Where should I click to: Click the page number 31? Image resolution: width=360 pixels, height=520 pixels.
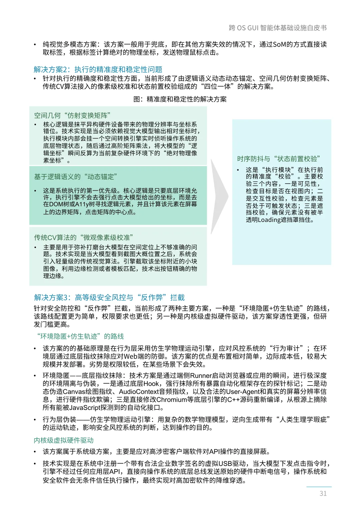pos(323,493)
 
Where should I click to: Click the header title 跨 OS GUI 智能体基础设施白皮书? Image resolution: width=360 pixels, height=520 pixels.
pos(278,28)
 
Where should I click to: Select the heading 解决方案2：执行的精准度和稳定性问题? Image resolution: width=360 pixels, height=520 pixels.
pos(98,69)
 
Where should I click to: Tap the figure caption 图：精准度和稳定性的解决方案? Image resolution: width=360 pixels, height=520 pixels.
pos(180,99)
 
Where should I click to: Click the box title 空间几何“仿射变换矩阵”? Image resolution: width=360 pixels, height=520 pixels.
pos(72,115)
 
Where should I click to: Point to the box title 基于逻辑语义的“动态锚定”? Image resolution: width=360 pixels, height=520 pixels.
pos(75,177)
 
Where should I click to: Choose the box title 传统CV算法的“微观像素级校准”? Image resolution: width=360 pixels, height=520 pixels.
pos(83,237)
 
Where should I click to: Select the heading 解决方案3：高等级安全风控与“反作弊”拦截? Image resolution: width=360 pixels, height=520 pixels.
pos(109,297)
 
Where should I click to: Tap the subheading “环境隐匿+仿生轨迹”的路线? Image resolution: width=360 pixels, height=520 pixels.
pos(80,336)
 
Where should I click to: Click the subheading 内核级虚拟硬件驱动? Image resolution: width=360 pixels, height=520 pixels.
pos(64,440)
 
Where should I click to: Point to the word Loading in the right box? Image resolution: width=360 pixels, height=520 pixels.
pos(269,220)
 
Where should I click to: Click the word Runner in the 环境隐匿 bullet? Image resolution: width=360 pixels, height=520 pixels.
pos(201,376)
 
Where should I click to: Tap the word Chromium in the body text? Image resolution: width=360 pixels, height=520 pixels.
pos(173,400)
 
